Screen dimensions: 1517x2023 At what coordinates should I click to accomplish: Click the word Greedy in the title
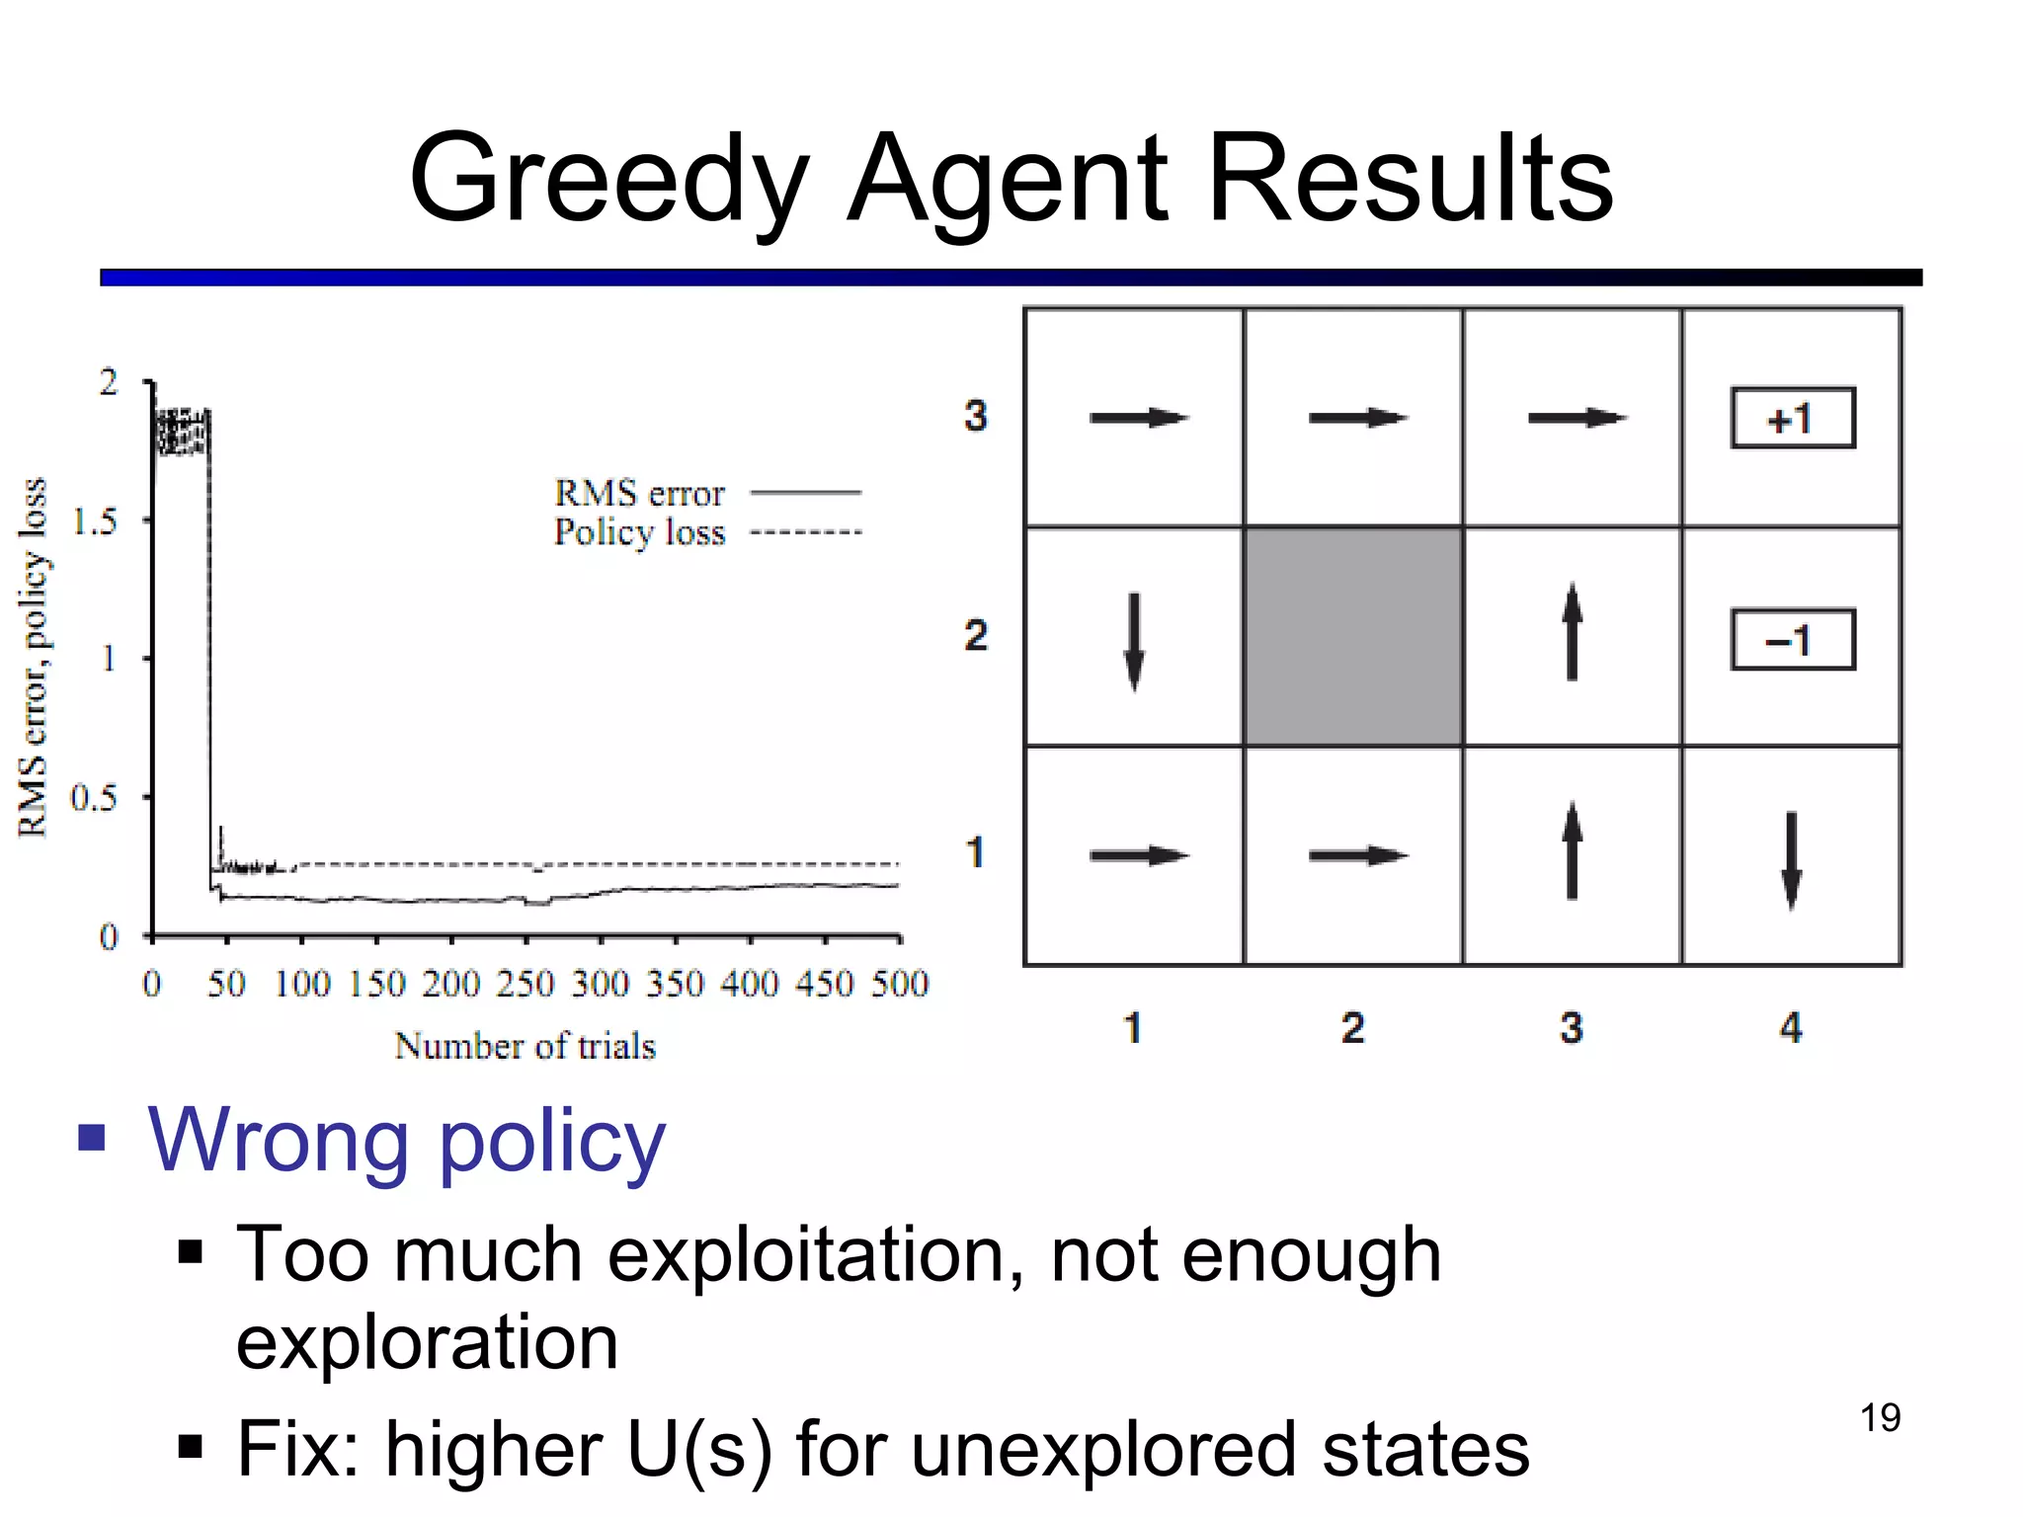[x=609, y=181]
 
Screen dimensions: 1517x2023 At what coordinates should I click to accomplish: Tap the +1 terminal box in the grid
[x=1792, y=419]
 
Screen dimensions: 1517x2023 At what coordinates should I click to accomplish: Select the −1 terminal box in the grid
[x=1792, y=640]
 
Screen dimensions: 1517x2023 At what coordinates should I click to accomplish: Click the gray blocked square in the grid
[x=1353, y=636]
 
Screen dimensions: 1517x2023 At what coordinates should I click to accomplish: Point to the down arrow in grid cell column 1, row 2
[x=1134, y=641]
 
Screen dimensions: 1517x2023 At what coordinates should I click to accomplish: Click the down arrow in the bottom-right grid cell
[x=1791, y=859]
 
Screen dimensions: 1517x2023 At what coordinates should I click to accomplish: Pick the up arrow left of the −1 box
[x=1572, y=631]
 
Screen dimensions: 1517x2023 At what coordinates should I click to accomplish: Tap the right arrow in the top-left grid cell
[x=1138, y=418]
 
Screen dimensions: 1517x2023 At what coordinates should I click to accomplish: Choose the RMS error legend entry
[x=706, y=492]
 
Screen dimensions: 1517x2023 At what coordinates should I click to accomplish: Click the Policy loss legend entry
[x=706, y=532]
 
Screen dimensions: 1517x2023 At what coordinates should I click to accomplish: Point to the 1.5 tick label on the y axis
[x=95, y=520]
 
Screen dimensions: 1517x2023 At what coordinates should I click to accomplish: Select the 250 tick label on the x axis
[x=525, y=984]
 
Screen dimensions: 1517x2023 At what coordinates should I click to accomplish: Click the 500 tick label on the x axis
[x=899, y=984]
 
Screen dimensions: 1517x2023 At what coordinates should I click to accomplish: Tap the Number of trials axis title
[x=525, y=1046]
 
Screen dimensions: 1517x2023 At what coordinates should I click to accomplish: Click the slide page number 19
[x=1880, y=1417]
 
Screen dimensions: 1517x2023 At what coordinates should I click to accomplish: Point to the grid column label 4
[x=1791, y=1028]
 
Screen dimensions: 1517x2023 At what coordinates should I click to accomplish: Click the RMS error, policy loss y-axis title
[x=34, y=657]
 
